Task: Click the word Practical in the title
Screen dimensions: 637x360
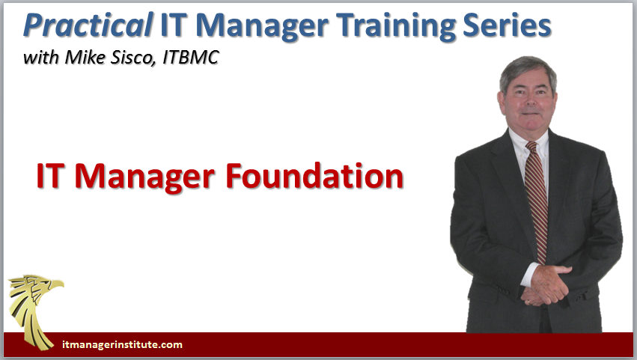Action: (88, 26)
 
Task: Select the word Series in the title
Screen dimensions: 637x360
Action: (507, 25)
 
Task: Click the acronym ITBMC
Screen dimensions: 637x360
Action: (191, 58)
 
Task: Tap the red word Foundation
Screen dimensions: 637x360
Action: (314, 176)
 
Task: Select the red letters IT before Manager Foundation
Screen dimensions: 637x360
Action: (51, 176)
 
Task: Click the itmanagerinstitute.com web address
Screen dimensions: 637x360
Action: (122, 344)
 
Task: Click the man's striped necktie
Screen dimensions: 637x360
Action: (537, 202)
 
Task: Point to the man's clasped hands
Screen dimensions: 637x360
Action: (547, 285)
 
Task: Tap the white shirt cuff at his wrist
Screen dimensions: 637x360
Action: (529, 275)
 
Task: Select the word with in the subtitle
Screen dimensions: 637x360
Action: (41, 58)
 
